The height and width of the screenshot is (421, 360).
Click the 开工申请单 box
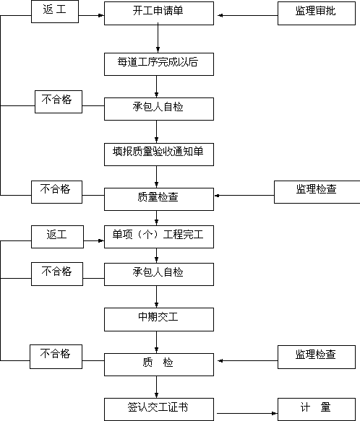point(159,14)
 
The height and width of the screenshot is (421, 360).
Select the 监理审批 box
point(317,14)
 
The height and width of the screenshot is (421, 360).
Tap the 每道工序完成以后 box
point(159,64)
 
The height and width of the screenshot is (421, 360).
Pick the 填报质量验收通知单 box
point(159,155)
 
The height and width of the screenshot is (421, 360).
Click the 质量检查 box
point(159,199)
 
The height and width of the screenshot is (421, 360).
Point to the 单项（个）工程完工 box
point(159,237)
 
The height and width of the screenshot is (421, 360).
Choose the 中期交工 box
point(159,319)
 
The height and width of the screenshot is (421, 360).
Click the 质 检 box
point(159,365)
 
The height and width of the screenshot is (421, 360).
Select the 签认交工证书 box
point(159,409)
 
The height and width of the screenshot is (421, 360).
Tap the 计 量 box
point(317,409)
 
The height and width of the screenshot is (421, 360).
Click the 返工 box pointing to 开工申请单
point(55,12)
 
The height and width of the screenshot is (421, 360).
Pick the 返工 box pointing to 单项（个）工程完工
point(57,237)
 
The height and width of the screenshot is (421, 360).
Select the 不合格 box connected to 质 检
point(56,357)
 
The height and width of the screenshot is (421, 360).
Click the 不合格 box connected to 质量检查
point(56,192)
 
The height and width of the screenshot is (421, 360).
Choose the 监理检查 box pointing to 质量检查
point(317,192)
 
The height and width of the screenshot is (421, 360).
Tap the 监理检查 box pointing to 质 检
point(317,357)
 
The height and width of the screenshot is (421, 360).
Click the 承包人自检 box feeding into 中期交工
point(159,274)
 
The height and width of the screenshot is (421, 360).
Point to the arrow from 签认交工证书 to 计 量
point(247,413)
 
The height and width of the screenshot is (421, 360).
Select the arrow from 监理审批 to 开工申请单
point(247,16)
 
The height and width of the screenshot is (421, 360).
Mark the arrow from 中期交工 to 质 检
point(156,342)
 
